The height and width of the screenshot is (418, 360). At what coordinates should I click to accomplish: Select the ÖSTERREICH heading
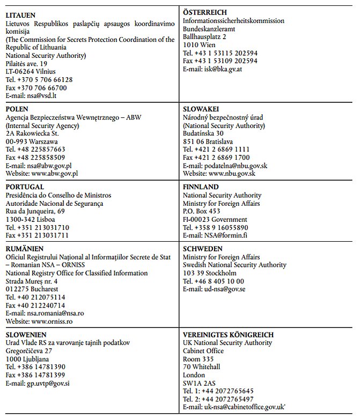204,12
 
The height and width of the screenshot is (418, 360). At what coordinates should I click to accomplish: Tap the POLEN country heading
18,110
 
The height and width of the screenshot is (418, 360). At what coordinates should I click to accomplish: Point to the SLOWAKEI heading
202,109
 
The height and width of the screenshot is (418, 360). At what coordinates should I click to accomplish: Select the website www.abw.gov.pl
55,173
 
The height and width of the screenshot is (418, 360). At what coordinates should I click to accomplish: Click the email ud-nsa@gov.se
225,289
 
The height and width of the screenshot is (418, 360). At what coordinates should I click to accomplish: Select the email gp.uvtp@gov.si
49,383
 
